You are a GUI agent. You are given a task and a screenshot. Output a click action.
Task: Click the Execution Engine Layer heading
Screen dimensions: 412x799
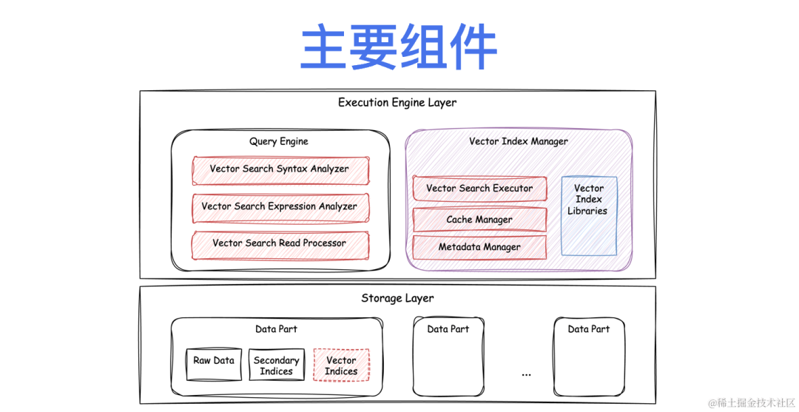pos(397,103)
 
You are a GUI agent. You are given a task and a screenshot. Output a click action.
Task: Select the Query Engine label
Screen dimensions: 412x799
pos(279,141)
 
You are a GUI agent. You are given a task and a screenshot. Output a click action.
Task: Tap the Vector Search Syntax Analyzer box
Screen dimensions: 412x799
pos(280,169)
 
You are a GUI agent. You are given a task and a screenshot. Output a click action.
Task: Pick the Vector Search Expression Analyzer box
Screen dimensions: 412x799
pos(280,207)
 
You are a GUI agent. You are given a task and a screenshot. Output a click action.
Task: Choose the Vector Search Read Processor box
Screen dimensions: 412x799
pos(280,243)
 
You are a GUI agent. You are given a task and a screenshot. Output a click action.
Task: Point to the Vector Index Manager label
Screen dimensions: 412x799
pos(519,141)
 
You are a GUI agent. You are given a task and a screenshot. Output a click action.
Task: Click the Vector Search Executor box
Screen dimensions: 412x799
pos(479,189)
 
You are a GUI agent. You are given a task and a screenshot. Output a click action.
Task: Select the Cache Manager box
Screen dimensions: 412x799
pos(479,220)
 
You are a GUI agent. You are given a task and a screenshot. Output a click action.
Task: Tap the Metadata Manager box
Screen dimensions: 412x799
pos(479,247)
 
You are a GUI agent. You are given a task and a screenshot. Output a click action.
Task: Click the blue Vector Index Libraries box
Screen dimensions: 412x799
pos(588,215)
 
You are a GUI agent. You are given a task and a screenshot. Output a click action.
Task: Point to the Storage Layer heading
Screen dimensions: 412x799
pos(397,299)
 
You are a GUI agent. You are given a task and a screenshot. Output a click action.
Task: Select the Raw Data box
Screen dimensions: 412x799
pos(214,364)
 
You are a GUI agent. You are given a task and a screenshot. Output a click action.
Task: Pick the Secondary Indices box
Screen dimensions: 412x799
pos(276,365)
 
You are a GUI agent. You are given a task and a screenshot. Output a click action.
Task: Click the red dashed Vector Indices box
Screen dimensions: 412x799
pos(341,365)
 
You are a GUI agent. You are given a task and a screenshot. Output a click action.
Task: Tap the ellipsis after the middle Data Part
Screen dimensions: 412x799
pos(526,374)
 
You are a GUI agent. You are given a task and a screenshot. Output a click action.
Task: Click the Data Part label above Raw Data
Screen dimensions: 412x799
pos(277,329)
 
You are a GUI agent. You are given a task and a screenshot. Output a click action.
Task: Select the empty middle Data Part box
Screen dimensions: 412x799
pos(448,362)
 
